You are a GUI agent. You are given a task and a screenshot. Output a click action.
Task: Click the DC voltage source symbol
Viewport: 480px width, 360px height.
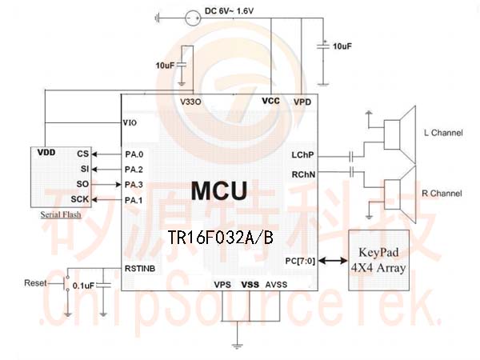[x=194, y=18]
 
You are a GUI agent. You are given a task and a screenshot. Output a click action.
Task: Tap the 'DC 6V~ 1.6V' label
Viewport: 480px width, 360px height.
[x=230, y=11]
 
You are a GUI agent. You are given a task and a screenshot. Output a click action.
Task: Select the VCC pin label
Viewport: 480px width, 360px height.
[x=271, y=101]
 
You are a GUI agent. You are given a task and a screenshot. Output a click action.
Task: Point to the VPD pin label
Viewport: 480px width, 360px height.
[x=302, y=102]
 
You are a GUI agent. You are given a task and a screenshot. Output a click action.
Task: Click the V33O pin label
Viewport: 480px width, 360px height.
[x=190, y=102]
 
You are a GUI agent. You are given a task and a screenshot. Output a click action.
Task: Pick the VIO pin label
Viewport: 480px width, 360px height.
[x=130, y=123]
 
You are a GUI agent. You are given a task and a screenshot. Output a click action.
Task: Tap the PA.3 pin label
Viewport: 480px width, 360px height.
[x=134, y=185]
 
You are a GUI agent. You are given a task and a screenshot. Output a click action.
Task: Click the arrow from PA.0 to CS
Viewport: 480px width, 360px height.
[x=107, y=154]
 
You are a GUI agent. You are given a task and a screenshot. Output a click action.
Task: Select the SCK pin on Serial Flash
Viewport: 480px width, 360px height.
[x=80, y=199]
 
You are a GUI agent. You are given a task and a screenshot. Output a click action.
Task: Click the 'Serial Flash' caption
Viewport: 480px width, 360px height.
[x=61, y=214]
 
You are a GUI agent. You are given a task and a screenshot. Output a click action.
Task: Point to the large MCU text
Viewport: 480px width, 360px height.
[x=219, y=190]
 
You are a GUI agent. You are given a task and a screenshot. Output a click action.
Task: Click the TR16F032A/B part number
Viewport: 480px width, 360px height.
[x=221, y=238]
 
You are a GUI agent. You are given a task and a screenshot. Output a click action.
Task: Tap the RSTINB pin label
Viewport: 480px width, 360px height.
[x=140, y=269]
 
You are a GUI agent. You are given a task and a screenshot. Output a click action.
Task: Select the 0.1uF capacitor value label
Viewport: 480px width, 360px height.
[x=83, y=286]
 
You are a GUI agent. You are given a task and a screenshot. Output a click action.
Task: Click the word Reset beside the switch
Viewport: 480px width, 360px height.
[x=35, y=283]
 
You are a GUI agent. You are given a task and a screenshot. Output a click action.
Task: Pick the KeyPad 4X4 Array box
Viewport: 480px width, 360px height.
[x=379, y=260]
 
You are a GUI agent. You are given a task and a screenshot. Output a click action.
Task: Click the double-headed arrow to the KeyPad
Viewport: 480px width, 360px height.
[x=333, y=261]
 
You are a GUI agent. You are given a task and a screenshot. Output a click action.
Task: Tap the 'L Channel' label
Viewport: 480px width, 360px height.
[x=443, y=133]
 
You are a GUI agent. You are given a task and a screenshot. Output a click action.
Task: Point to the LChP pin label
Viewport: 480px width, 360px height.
[x=302, y=155]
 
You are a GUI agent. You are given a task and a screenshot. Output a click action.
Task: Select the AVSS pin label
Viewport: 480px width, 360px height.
[x=276, y=285]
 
